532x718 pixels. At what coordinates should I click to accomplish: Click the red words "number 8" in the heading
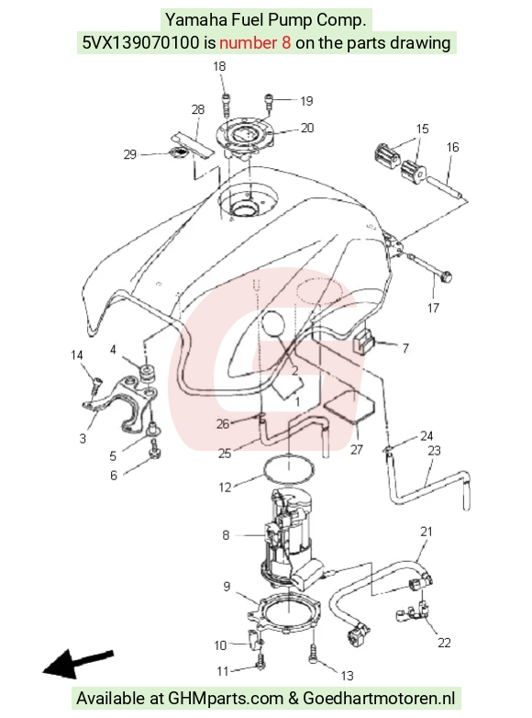pyautogui.click(x=255, y=43)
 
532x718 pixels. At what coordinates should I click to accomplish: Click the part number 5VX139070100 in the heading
pyautogui.click(x=141, y=43)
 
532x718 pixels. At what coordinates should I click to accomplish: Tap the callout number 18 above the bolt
pyautogui.click(x=219, y=66)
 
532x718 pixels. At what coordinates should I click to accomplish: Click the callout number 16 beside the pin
pyautogui.click(x=452, y=147)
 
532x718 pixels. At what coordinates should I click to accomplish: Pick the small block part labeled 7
pyautogui.click(x=363, y=342)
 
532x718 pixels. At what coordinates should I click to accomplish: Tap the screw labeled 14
pyautogui.click(x=96, y=385)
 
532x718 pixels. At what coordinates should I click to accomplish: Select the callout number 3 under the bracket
pyautogui.click(x=83, y=439)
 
